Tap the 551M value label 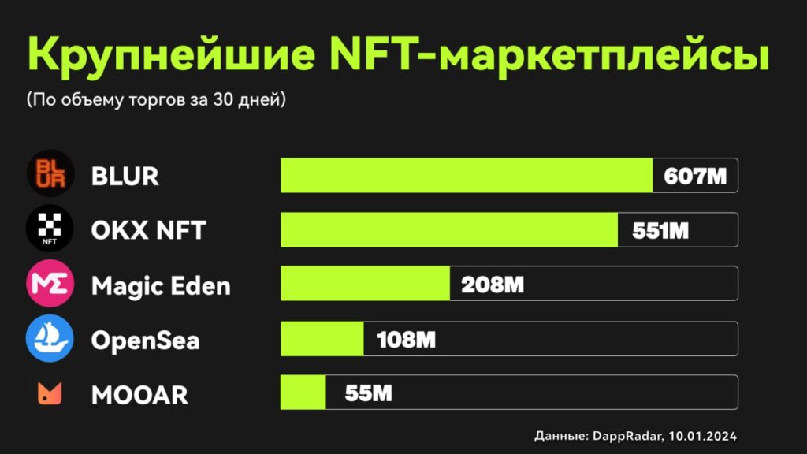tap(660, 230)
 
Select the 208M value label tap(493, 284)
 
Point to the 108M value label tap(406, 339)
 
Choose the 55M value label tap(368, 393)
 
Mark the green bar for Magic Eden tap(365, 284)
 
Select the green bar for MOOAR tap(303, 393)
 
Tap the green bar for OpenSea tap(322, 339)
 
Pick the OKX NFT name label tap(148, 230)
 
